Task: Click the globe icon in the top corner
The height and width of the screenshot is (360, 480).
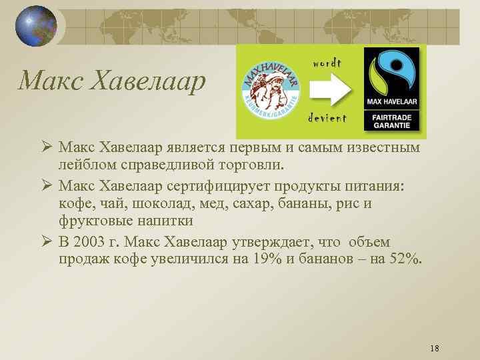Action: coord(36,26)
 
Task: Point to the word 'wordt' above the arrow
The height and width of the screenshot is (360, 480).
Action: coord(327,63)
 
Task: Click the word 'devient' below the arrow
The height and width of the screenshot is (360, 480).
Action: coord(327,119)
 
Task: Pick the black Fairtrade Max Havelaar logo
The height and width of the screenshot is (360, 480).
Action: coord(391,91)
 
